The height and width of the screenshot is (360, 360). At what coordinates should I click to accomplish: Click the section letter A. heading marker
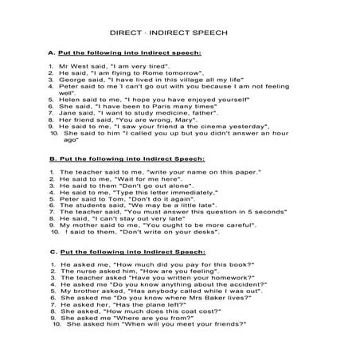[x=50, y=53]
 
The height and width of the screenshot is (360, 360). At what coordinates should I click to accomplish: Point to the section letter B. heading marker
[x=50, y=159]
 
